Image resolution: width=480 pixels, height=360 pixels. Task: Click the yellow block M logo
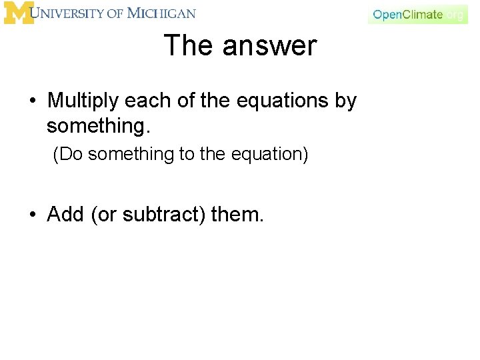click(18, 13)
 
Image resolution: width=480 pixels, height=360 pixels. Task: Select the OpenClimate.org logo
click(417, 15)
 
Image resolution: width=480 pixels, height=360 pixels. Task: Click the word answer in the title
click(269, 46)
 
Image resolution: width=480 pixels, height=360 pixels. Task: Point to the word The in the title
click(189, 46)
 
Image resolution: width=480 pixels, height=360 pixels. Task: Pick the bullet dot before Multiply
click(33, 102)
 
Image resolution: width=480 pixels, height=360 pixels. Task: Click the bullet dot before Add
click(33, 215)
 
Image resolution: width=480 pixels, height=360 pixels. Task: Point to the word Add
click(66, 215)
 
